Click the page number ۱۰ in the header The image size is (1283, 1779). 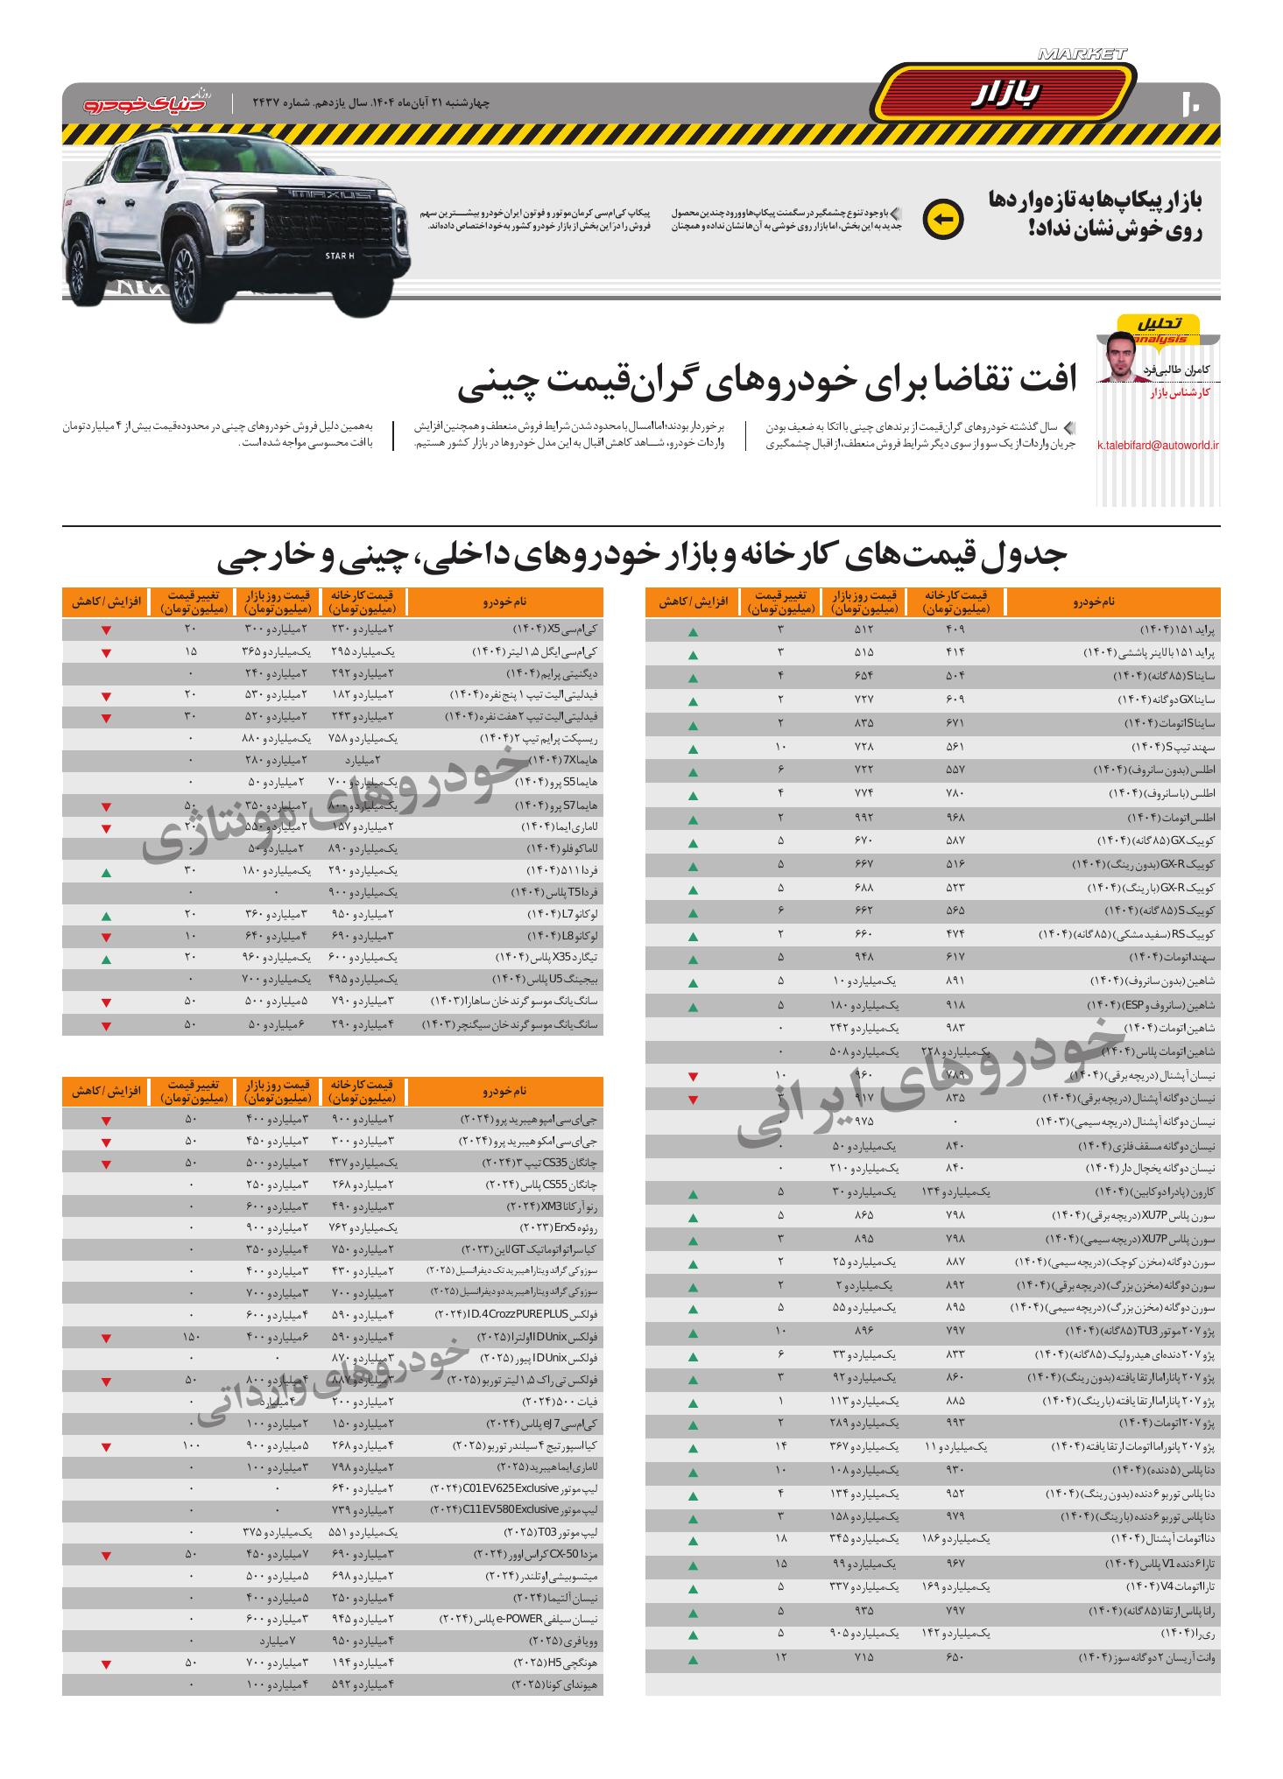pyautogui.click(x=1192, y=103)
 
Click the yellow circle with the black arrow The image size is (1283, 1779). pyautogui.click(x=942, y=220)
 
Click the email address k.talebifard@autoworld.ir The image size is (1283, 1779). pyautogui.click(x=1157, y=445)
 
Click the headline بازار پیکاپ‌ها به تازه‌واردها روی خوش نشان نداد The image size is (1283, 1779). pyautogui.click(x=1095, y=215)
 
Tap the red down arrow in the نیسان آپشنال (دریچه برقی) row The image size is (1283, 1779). pyautogui.click(x=693, y=1076)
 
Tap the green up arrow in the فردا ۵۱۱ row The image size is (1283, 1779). pyautogui.click(x=106, y=873)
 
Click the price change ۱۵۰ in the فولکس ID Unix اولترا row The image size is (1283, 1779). pyautogui.click(x=190, y=1338)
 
